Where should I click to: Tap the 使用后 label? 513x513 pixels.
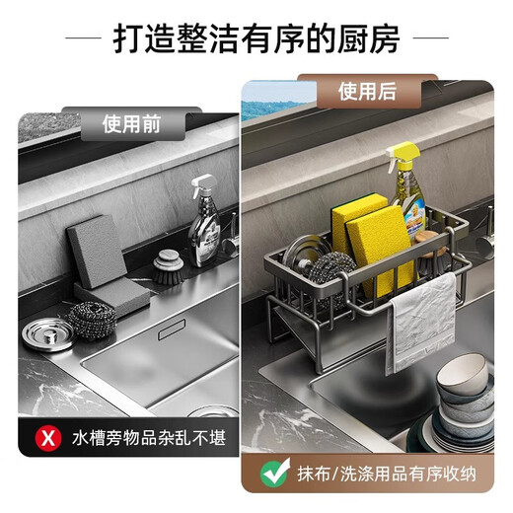366,92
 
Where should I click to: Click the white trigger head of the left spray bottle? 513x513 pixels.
202,183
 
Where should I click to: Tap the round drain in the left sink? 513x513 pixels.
211,412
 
